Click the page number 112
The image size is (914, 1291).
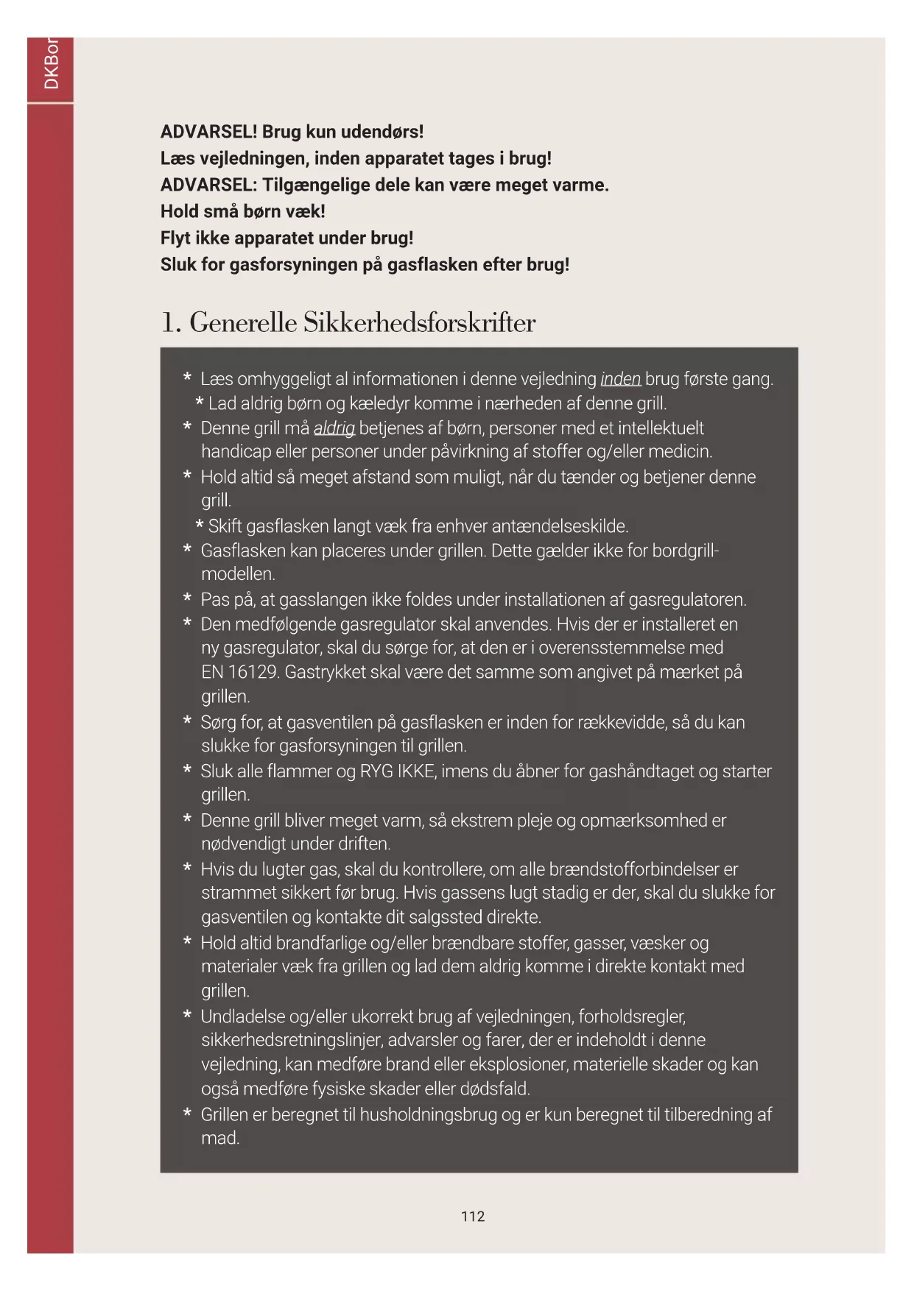pyautogui.click(x=473, y=1216)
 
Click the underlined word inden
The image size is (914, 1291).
pyautogui.click(x=620, y=379)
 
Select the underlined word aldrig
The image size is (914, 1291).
pyautogui.click(x=334, y=428)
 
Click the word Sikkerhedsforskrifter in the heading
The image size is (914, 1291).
pyautogui.click(x=420, y=322)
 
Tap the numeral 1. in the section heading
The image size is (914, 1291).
pyautogui.click(x=171, y=322)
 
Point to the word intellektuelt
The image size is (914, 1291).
pyautogui.click(x=661, y=428)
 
